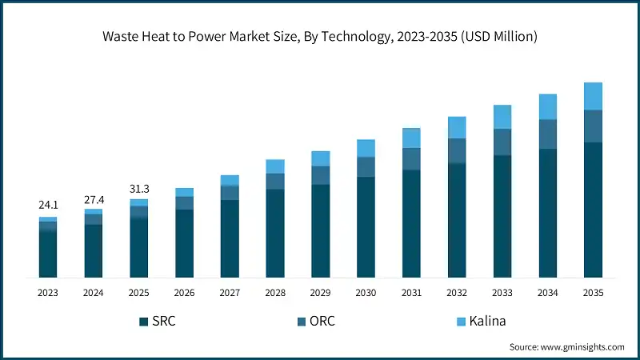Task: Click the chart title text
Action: (x=320, y=35)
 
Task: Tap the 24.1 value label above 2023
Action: (x=48, y=206)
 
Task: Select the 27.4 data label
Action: (x=94, y=198)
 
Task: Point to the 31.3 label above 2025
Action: (x=139, y=188)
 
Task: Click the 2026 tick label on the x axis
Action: (x=185, y=294)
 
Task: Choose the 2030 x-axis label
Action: (x=366, y=294)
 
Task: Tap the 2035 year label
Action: (x=593, y=294)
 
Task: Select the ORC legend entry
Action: (x=320, y=321)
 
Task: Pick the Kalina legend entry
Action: (x=483, y=321)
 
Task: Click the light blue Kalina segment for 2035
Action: (x=593, y=96)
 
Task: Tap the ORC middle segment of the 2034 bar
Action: (x=547, y=134)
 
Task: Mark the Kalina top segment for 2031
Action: (x=411, y=138)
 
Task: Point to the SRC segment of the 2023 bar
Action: (x=48, y=254)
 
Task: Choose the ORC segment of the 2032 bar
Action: (x=457, y=150)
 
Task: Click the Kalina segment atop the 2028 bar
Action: (x=275, y=166)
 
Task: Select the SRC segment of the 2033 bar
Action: (x=502, y=216)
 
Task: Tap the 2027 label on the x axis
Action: (x=230, y=294)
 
